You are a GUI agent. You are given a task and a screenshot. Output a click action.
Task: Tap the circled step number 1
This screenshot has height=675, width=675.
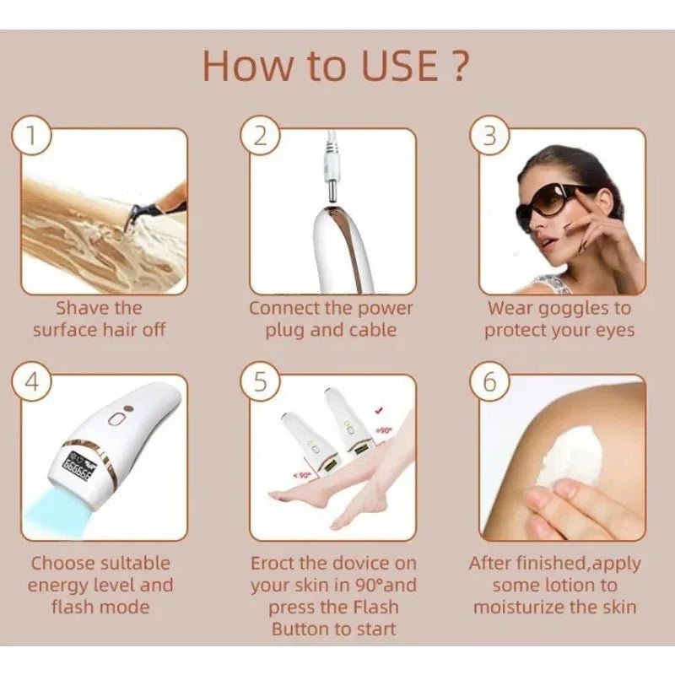click(30, 138)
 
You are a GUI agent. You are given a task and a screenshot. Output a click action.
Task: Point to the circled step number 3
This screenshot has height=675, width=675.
click(489, 138)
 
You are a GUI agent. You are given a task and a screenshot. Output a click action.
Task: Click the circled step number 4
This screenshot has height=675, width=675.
click(30, 382)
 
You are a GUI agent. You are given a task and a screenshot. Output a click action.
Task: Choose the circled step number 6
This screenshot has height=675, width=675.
click(489, 382)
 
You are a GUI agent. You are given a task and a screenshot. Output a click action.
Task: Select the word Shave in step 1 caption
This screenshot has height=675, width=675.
click(83, 308)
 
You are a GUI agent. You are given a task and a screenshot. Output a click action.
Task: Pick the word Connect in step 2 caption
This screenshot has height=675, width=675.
click(283, 308)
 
